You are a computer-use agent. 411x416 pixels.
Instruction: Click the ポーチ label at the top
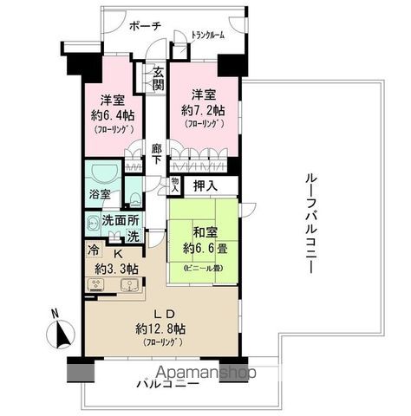coord(144,25)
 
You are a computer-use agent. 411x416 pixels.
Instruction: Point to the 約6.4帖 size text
coord(112,114)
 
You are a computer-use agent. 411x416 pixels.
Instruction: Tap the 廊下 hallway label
coord(156,154)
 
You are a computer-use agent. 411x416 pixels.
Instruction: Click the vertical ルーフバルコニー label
coord(310,222)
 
